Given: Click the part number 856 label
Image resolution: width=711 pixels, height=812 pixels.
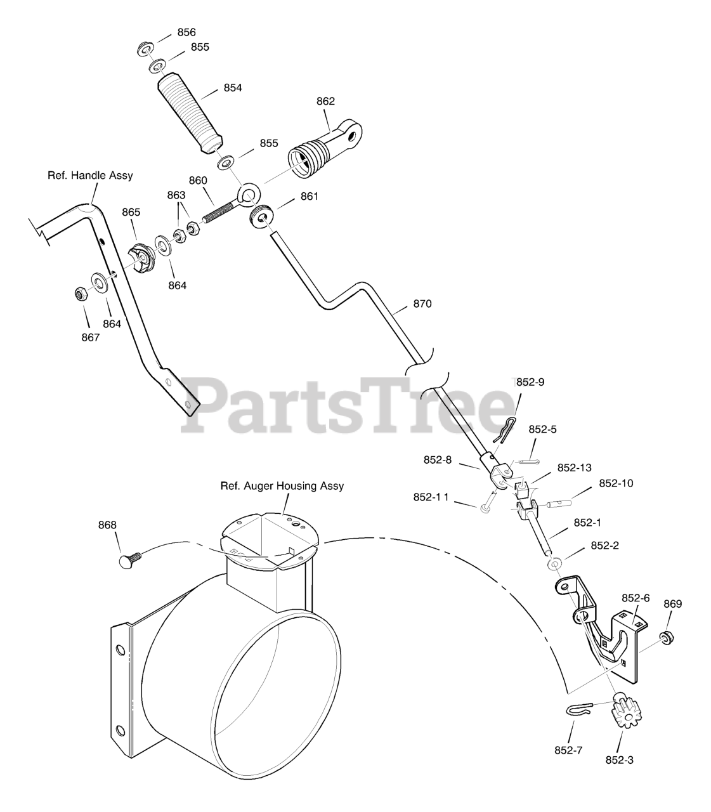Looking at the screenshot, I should coord(186,32).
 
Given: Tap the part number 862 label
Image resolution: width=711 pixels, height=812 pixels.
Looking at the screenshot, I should coord(325,101).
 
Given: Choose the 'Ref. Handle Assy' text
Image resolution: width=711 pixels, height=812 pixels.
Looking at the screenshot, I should coord(90,175).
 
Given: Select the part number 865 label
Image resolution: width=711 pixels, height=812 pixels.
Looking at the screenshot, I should coord(131,212).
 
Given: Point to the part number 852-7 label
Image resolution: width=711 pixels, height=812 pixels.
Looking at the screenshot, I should coord(568,750).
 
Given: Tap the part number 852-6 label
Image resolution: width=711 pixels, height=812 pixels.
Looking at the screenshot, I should coord(635,598).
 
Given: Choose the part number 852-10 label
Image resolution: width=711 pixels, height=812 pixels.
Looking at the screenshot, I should coord(616,483).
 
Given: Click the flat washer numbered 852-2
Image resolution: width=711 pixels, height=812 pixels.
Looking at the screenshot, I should coord(554,563).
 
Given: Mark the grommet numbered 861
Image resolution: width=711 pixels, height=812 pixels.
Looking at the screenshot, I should coord(261,216).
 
